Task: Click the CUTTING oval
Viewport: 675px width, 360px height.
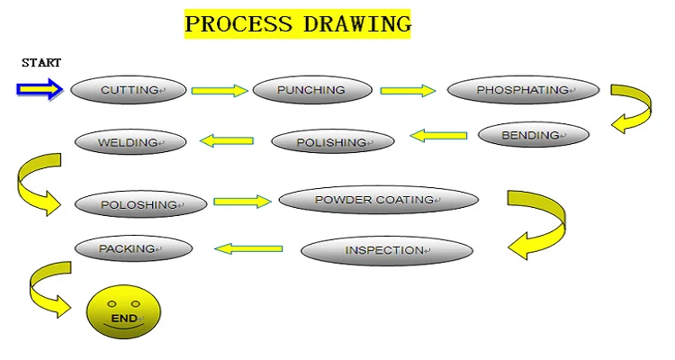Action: pyautogui.click(x=129, y=90)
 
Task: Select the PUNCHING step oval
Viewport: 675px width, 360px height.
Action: pyautogui.click(x=311, y=90)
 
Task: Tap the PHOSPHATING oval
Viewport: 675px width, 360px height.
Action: pyautogui.click(x=523, y=90)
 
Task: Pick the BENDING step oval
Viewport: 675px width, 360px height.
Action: pyautogui.click(x=533, y=136)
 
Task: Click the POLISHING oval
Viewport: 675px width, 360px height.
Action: pyautogui.click(x=333, y=141)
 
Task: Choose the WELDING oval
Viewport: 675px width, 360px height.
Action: pyautogui.click(x=130, y=142)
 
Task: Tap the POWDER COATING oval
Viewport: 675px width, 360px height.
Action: pyautogui.click(x=378, y=200)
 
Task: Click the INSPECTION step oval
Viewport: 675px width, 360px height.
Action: pyautogui.click(x=386, y=250)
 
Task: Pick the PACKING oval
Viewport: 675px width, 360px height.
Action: pyautogui.click(x=133, y=248)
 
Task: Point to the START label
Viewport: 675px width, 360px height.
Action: pyautogui.click(x=41, y=63)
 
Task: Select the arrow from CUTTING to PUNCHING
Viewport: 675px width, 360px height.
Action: pyautogui.click(x=220, y=91)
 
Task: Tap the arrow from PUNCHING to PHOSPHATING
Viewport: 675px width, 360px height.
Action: pyautogui.click(x=408, y=90)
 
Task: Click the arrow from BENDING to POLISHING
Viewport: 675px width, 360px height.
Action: pyautogui.click(x=439, y=137)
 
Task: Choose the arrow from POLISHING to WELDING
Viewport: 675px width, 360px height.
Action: pyautogui.click(x=226, y=140)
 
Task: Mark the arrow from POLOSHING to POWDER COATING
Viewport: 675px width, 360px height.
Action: pyautogui.click(x=241, y=202)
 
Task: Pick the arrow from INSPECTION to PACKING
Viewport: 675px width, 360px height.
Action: pyautogui.click(x=247, y=247)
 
